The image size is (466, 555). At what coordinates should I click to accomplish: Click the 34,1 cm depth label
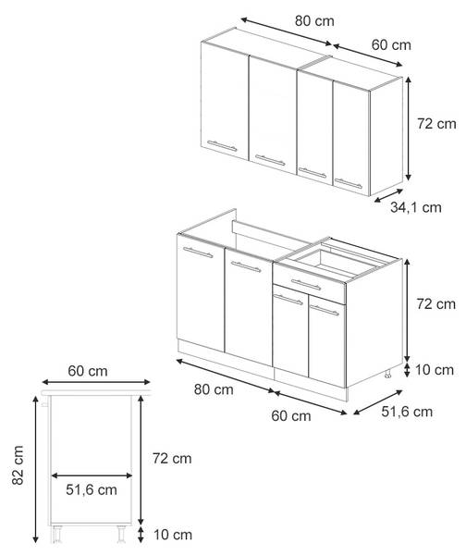pos(416,207)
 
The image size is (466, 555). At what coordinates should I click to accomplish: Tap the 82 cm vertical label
pos(18,464)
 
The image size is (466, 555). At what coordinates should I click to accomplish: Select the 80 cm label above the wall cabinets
pos(314,21)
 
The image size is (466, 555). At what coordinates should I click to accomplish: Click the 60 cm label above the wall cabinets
pos(391,45)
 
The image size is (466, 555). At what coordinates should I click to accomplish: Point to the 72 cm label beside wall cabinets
pos(436,124)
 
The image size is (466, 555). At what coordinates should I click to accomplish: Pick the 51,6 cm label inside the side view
pos(92,490)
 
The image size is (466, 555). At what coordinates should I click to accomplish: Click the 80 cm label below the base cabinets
pos(214,389)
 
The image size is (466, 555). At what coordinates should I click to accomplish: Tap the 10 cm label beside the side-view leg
pos(173,535)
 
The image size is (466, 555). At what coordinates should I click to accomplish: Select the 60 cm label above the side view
pos(88,371)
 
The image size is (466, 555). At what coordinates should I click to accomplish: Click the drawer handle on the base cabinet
pos(306,284)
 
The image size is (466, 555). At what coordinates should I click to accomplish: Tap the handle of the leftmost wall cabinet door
pos(222,145)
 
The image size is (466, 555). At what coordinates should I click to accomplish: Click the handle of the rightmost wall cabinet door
pos(349,183)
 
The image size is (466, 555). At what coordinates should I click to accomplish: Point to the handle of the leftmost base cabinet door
pos(198,253)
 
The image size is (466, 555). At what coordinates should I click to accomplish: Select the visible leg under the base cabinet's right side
pos(388,374)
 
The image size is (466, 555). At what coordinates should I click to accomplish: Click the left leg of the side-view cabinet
pos(56,534)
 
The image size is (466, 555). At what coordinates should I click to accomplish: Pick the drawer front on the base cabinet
pos(309,284)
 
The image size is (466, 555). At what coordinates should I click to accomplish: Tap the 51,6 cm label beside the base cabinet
pos(407,412)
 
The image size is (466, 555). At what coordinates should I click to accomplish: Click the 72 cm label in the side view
pos(172,459)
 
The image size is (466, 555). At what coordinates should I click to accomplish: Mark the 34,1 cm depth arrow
pos(388,196)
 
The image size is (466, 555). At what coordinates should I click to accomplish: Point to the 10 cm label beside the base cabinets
pos(435,370)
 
